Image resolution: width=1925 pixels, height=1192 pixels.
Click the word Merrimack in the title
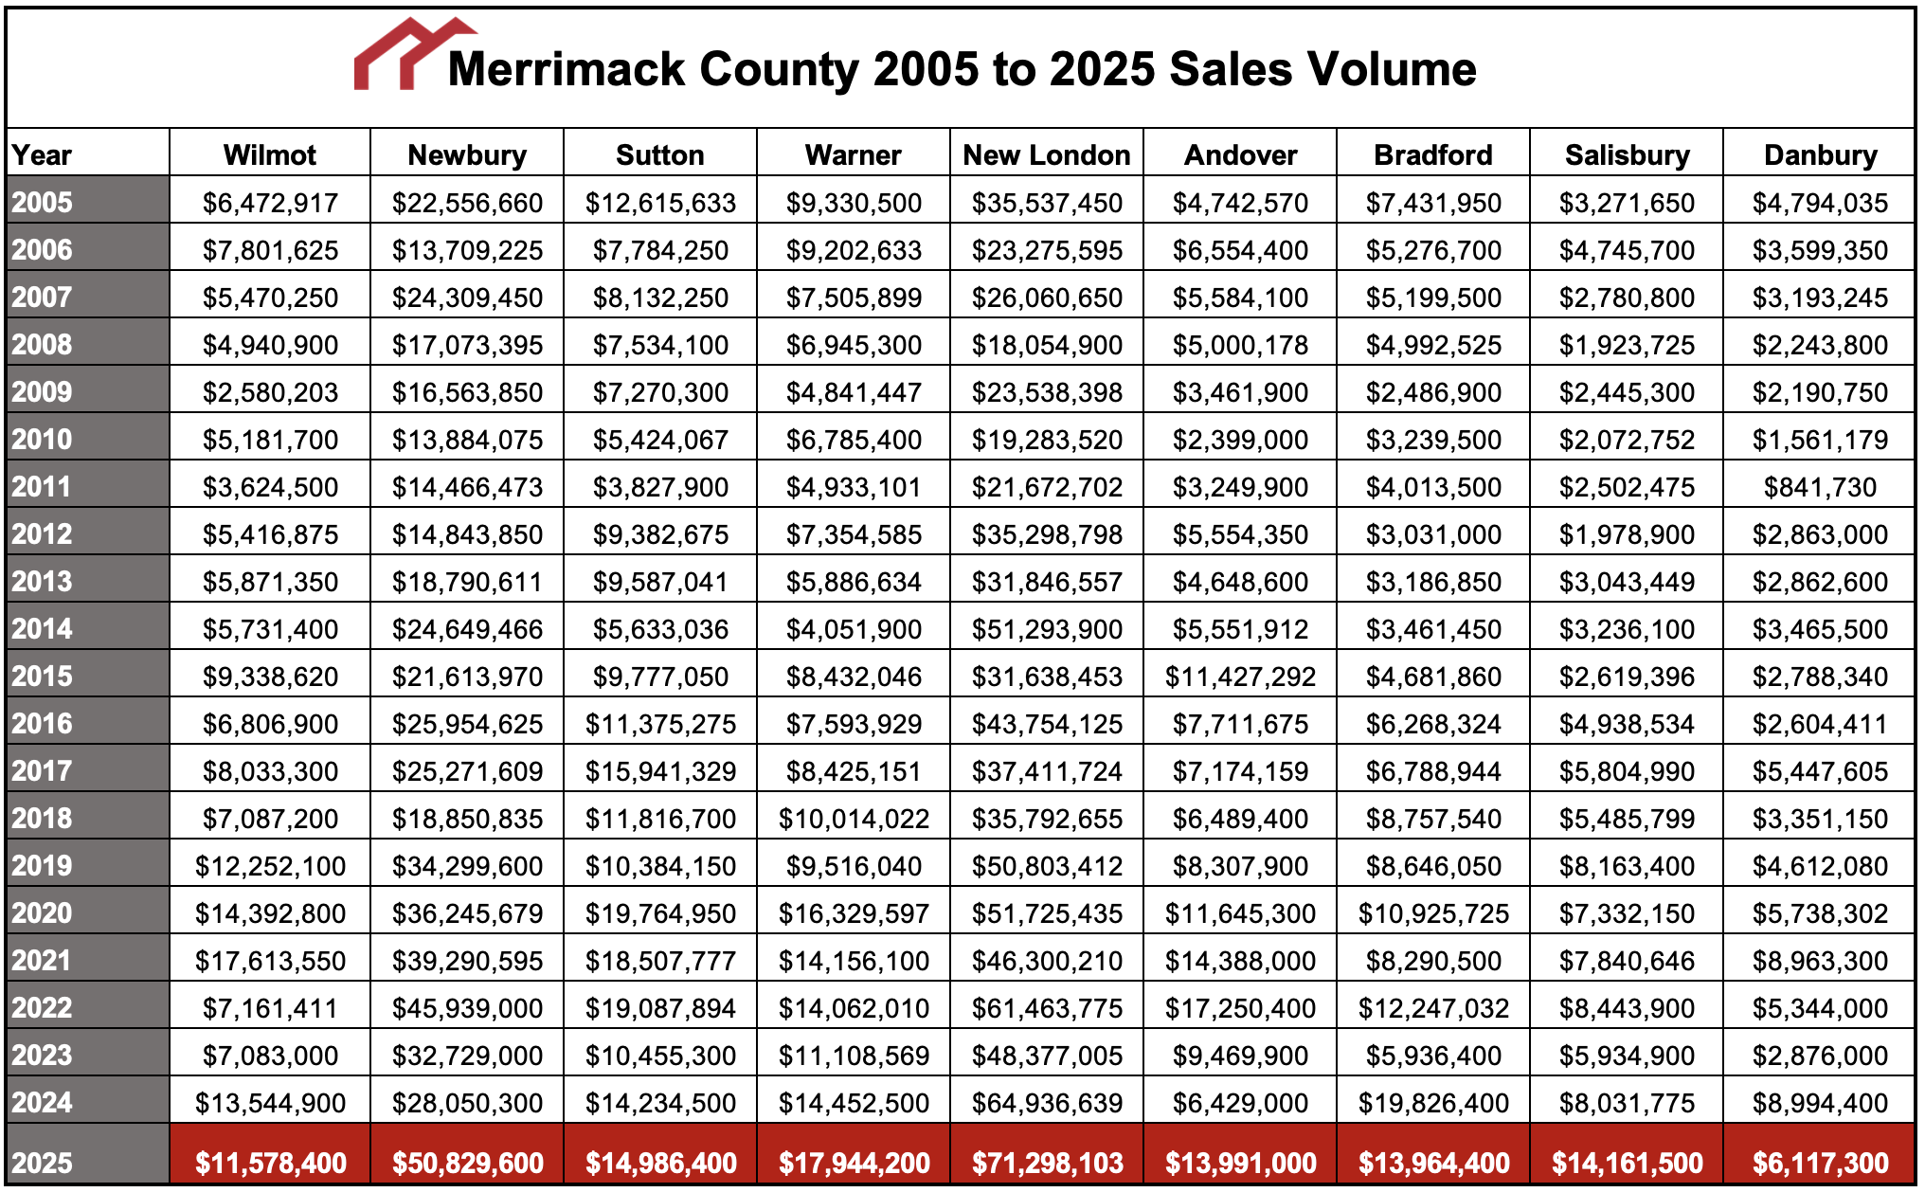click(x=566, y=69)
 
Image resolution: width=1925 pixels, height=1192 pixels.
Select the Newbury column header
click(x=467, y=154)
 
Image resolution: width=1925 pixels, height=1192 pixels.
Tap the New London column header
click(x=1047, y=154)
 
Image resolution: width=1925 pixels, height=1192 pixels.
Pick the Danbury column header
click(x=1820, y=154)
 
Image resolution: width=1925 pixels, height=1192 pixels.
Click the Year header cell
click(x=43, y=154)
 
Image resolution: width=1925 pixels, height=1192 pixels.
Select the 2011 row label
click(x=43, y=487)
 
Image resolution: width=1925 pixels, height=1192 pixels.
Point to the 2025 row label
click(x=43, y=1162)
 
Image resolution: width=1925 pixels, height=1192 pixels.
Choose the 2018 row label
click(x=43, y=819)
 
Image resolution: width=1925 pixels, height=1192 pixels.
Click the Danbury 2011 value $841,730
click(x=1820, y=487)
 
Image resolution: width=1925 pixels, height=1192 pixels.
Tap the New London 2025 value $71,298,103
click(x=1047, y=1162)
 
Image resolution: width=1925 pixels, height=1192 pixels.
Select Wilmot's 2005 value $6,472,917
click(x=270, y=203)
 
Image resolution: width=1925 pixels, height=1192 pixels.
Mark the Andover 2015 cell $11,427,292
click(x=1240, y=677)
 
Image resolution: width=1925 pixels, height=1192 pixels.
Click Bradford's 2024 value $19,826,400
click(x=1433, y=1103)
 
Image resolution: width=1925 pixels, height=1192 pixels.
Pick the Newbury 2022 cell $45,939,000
click(x=467, y=1008)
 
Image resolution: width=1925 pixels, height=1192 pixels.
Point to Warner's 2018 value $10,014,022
click(x=854, y=819)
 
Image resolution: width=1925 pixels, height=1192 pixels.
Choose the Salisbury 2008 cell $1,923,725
click(x=1627, y=345)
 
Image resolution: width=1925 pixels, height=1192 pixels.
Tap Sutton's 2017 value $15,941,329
click(x=660, y=771)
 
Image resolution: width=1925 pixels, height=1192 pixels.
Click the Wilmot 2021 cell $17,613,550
click(x=270, y=961)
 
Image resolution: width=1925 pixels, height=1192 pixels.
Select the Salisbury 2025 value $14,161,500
click(x=1627, y=1162)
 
